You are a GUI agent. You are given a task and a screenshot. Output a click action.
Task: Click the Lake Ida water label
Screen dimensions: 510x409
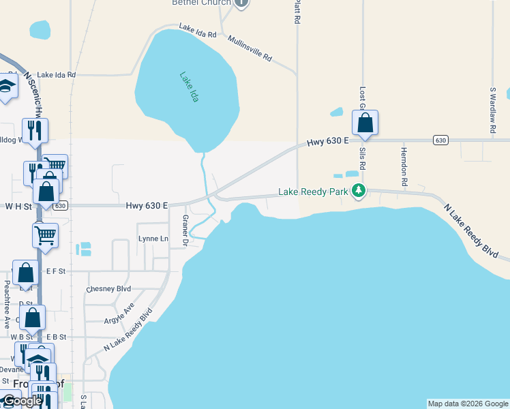[x=189, y=87]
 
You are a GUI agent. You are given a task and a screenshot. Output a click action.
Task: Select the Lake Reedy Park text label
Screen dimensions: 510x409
[x=313, y=192]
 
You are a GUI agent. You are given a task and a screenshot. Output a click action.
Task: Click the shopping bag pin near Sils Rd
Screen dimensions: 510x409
[x=365, y=123]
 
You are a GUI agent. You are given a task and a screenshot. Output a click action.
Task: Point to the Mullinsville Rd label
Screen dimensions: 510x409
[x=250, y=48]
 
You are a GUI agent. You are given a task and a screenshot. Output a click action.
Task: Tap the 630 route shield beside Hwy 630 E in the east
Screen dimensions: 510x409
[x=440, y=140]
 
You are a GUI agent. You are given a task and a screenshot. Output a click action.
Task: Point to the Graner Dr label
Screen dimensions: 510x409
[x=184, y=231]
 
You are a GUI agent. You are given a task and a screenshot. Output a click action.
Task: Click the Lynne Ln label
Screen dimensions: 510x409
[x=153, y=239]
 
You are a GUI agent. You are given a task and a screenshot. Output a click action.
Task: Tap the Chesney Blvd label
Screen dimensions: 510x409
[x=108, y=289]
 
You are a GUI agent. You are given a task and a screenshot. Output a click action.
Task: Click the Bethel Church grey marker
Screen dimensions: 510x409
[x=241, y=3]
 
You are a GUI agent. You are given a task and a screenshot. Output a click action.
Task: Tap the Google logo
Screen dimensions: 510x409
[x=22, y=401]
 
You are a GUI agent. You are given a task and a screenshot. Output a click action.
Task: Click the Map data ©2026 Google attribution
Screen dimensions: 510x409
[x=468, y=404]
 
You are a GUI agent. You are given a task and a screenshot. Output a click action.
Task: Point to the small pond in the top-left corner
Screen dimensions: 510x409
[x=40, y=29]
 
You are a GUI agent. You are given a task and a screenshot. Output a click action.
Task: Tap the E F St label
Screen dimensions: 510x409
[x=56, y=271]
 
